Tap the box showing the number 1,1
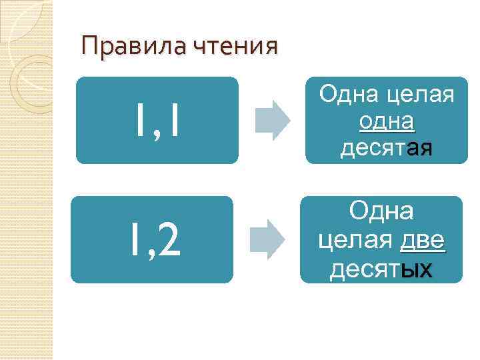click(x=157, y=121)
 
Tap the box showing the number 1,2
click(x=152, y=239)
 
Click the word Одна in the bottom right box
click(x=381, y=213)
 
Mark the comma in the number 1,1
click(x=155, y=131)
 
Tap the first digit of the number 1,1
click(x=138, y=121)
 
